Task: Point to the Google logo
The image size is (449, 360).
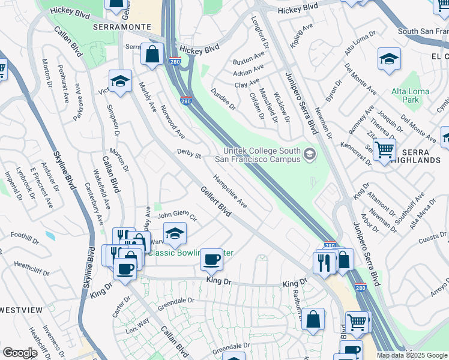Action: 20,353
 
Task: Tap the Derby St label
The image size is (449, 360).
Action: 188,155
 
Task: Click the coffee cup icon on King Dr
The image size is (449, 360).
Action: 211,259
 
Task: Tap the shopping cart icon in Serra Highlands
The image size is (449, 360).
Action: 384,150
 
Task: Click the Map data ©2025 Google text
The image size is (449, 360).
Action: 412,355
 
